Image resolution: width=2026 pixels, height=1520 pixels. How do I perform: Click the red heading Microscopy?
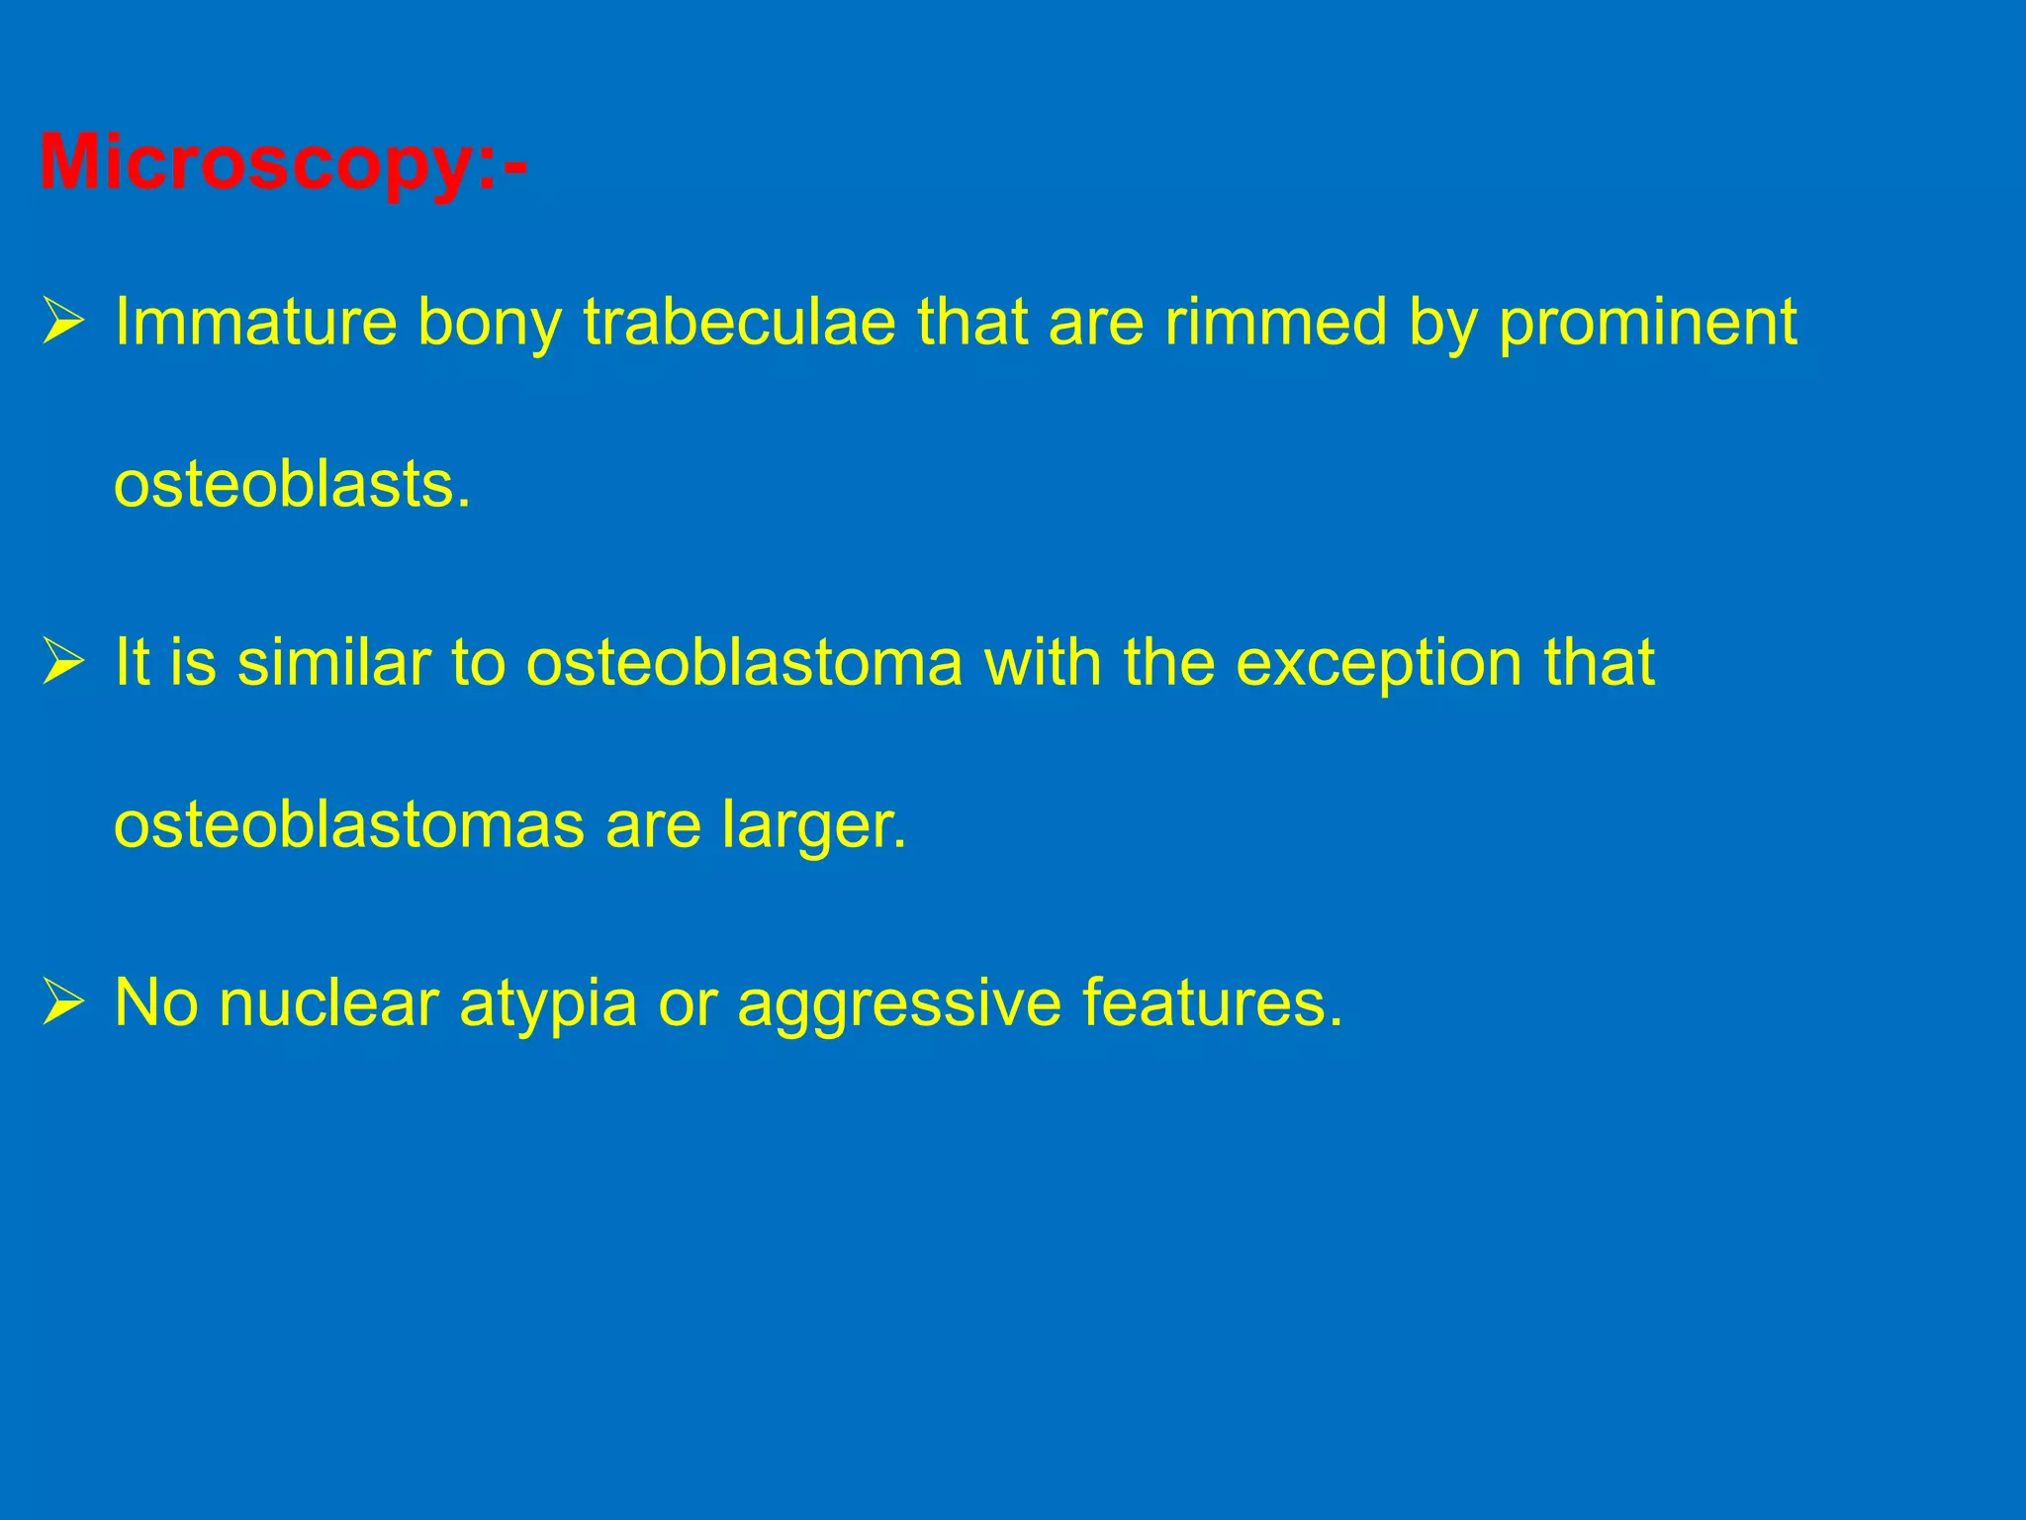(282, 163)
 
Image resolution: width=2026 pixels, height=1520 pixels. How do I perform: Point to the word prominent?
(1647, 324)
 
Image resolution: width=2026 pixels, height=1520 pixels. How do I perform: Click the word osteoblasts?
(292, 486)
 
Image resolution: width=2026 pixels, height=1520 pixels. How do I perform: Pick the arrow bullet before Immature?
(63, 324)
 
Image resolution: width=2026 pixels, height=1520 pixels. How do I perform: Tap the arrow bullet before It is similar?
(63, 663)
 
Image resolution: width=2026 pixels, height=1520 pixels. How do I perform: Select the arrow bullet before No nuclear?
(63, 1003)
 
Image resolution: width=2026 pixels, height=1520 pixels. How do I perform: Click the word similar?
(333, 662)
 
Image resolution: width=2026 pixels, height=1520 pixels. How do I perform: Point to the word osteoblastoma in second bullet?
(744, 662)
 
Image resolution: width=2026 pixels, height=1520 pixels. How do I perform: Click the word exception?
(1379, 664)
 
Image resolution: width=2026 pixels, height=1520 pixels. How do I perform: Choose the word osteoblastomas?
(349, 824)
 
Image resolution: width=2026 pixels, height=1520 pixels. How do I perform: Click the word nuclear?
(328, 1002)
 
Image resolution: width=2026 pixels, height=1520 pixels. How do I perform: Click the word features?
(1212, 1002)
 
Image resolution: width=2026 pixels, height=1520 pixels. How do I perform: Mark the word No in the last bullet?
(156, 1002)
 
